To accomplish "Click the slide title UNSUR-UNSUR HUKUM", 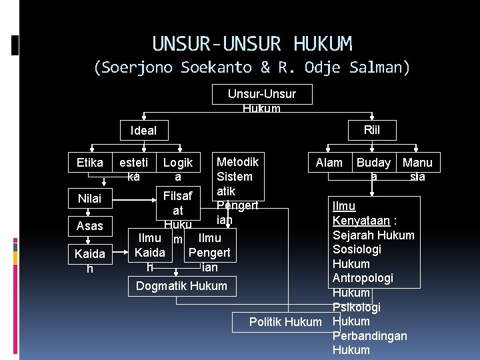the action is click(252, 44).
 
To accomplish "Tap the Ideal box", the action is click(144, 130).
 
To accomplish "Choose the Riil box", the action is click(372, 129).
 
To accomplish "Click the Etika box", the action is click(90, 163).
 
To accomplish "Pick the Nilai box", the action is click(90, 198).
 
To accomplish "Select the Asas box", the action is click(90, 226).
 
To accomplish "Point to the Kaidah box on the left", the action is click(90, 261).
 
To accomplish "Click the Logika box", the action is click(177, 169).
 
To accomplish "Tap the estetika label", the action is click(133, 169).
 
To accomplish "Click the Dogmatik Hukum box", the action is click(181, 286).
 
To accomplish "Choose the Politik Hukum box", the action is click(285, 322).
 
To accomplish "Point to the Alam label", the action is click(329, 163).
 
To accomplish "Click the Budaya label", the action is click(373, 169).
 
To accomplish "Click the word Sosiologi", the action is click(357, 249).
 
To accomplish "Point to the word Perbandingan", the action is click(369, 336).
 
